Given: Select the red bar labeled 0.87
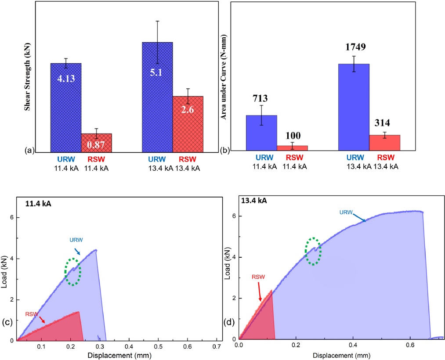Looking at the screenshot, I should pos(96,143).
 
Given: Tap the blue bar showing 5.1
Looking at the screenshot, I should pos(157,97).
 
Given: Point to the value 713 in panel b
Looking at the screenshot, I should pos(261,98).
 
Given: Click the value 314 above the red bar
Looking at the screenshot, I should pos(384,122).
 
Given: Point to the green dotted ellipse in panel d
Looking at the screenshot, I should pos(313,251).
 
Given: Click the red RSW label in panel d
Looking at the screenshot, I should pos(258,277).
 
